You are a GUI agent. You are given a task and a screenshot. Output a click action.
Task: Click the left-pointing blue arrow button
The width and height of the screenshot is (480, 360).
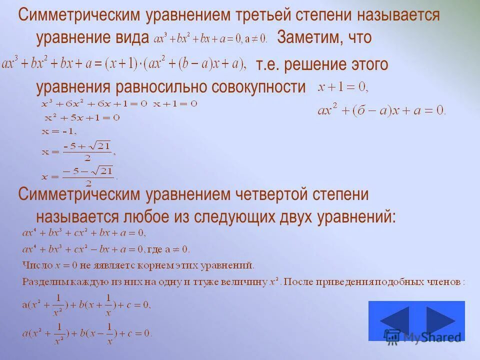[x=394, y=320]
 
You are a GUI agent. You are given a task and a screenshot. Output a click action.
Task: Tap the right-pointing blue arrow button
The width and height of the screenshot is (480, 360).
[x=440, y=320]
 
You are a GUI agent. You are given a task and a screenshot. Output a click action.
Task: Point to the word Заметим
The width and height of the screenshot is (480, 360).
[x=308, y=37]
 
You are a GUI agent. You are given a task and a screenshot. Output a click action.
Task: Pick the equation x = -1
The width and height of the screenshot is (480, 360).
[x=58, y=131]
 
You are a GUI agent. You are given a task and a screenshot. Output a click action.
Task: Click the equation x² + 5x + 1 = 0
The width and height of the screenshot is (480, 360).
[x=82, y=118]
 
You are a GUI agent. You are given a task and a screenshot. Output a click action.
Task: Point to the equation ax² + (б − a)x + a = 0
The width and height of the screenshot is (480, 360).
[x=381, y=110]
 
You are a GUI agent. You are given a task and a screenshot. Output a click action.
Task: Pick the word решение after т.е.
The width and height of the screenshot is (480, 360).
[x=317, y=65]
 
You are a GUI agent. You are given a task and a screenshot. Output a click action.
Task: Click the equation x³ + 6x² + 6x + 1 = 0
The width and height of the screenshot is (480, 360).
[x=94, y=104]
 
